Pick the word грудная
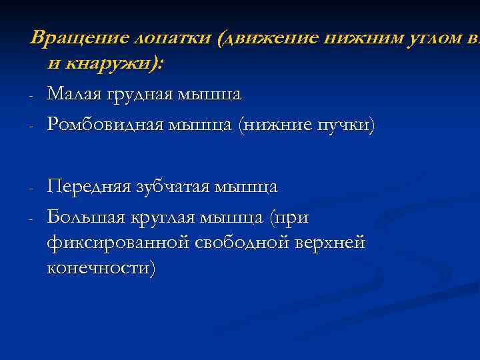(142, 95)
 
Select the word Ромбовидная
(111, 125)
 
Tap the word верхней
(334, 243)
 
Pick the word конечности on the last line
(101, 269)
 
